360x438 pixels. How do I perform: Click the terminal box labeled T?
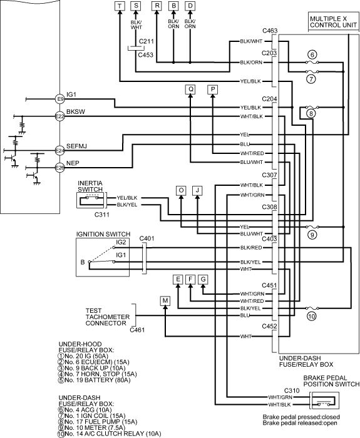[x=120, y=6]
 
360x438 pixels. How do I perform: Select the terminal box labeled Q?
[x=190, y=89]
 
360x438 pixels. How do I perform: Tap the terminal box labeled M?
[x=165, y=301]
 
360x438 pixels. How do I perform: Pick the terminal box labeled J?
[x=198, y=190]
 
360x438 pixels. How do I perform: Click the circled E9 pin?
[x=60, y=99]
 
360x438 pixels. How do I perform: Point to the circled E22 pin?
[x=60, y=116]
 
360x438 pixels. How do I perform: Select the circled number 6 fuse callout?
[x=312, y=54]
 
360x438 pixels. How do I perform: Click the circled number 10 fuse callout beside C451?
[x=312, y=317]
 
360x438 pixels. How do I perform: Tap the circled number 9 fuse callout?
[x=312, y=235]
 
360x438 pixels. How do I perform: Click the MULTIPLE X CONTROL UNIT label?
[x=333, y=22]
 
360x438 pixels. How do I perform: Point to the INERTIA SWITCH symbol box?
[x=91, y=201]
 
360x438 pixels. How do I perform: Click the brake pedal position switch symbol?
[x=324, y=400]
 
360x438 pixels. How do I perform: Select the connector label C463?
[x=270, y=31]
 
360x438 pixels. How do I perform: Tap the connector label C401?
[x=147, y=238]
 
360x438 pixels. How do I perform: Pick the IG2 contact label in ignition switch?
[x=121, y=243]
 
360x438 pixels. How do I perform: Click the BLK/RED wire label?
[x=251, y=248]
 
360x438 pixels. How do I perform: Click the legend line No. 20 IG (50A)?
[x=83, y=356]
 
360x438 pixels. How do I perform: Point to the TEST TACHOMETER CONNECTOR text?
[x=108, y=317]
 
